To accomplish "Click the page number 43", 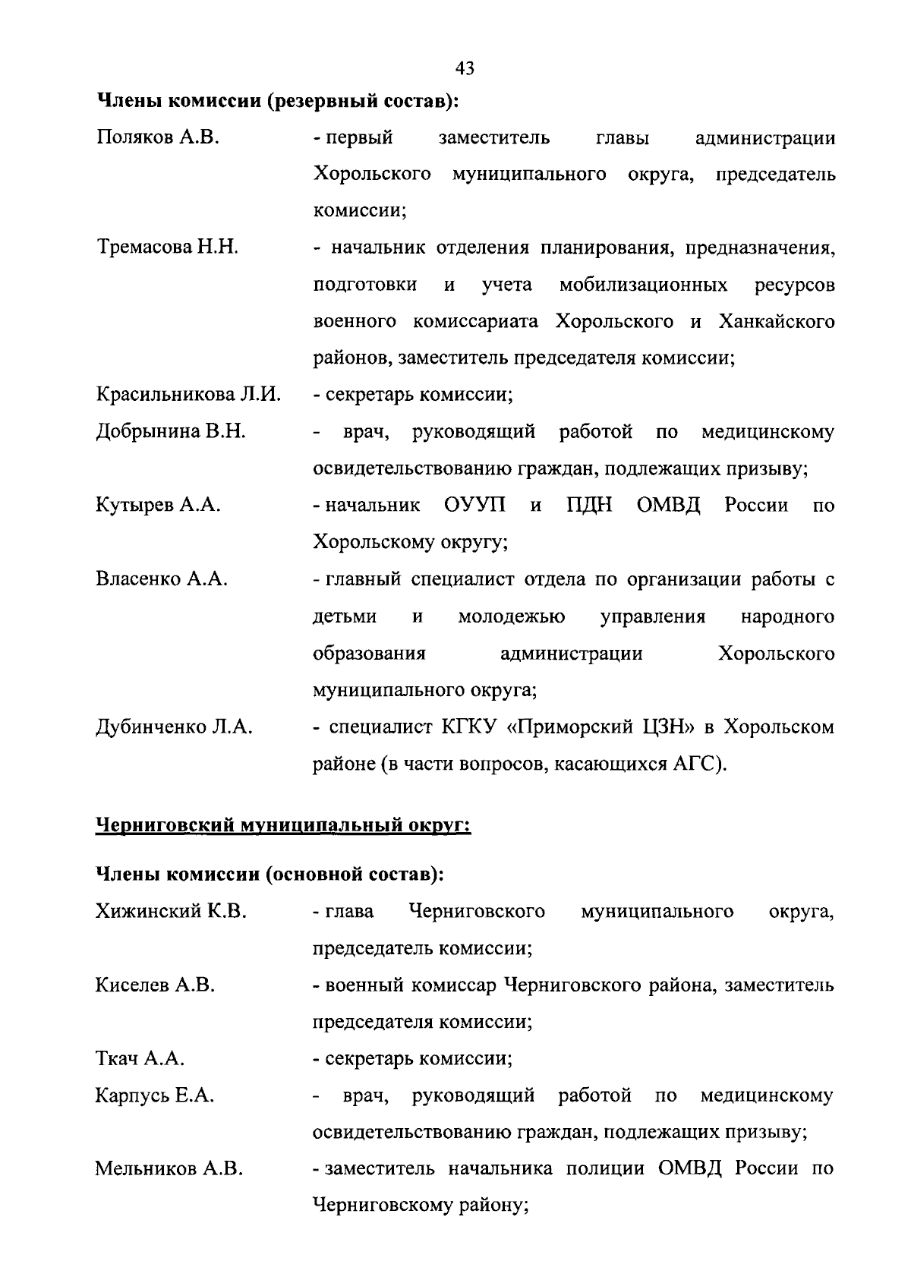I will click(x=465, y=68).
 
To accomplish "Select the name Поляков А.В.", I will click(x=158, y=138).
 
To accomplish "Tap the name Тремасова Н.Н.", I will click(x=167, y=247).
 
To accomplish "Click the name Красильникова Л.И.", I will click(x=188, y=395).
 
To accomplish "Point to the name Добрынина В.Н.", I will click(x=171, y=432).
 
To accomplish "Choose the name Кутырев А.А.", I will click(x=158, y=506).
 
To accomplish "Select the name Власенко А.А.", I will click(x=162, y=579).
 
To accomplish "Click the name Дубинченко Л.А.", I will click(x=174, y=727).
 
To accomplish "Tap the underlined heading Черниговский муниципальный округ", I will click(x=283, y=824).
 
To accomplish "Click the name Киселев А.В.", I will click(x=155, y=985).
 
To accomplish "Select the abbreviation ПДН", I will click(x=589, y=506).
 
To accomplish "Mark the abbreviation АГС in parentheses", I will click(x=696, y=764).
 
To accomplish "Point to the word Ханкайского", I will click(x=776, y=321).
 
